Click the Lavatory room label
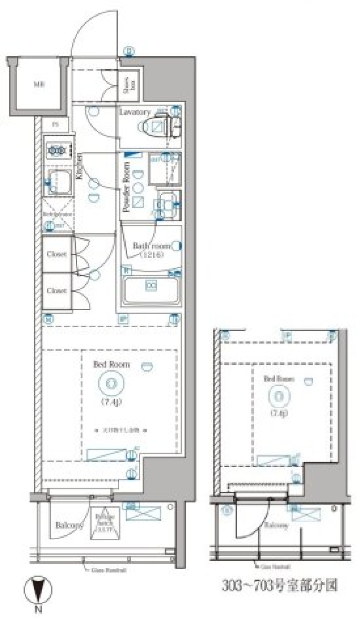coord(135,112)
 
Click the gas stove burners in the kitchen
coord(57,151)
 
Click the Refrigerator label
coord(57,214)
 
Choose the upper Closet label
coord(57,254)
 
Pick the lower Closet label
coord(57,290)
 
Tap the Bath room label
coord(151,246)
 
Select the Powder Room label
coord(126,187)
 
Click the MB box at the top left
coord(39,84)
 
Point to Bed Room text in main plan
coord(111,364)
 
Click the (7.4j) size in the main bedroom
coord(111,402)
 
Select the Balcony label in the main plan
coord(69,525)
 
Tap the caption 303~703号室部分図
coord(280,585)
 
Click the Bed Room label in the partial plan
coord(279,379)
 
